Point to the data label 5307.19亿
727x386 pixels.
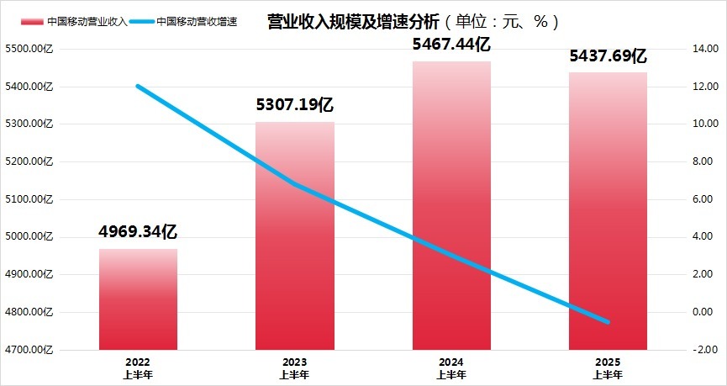(295, 106)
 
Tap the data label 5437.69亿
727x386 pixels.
(608, 57)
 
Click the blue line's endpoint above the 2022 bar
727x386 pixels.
(138, 86)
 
